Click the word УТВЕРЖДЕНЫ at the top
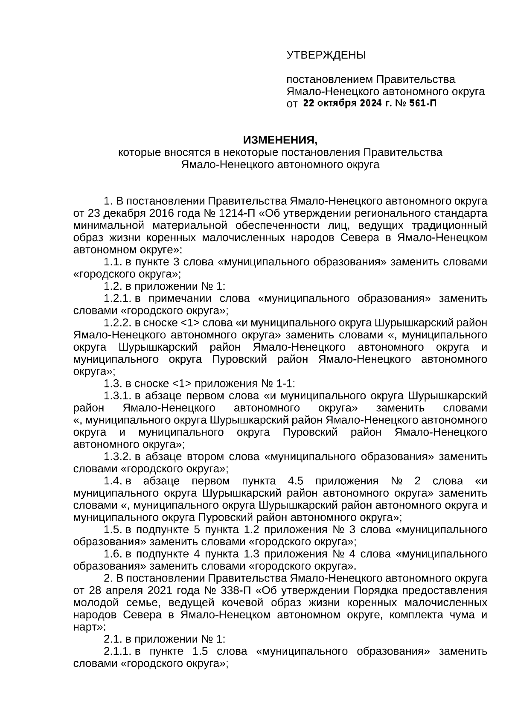[326, 55]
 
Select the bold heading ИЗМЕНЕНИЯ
[280, 140]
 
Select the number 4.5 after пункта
[295, 481]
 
